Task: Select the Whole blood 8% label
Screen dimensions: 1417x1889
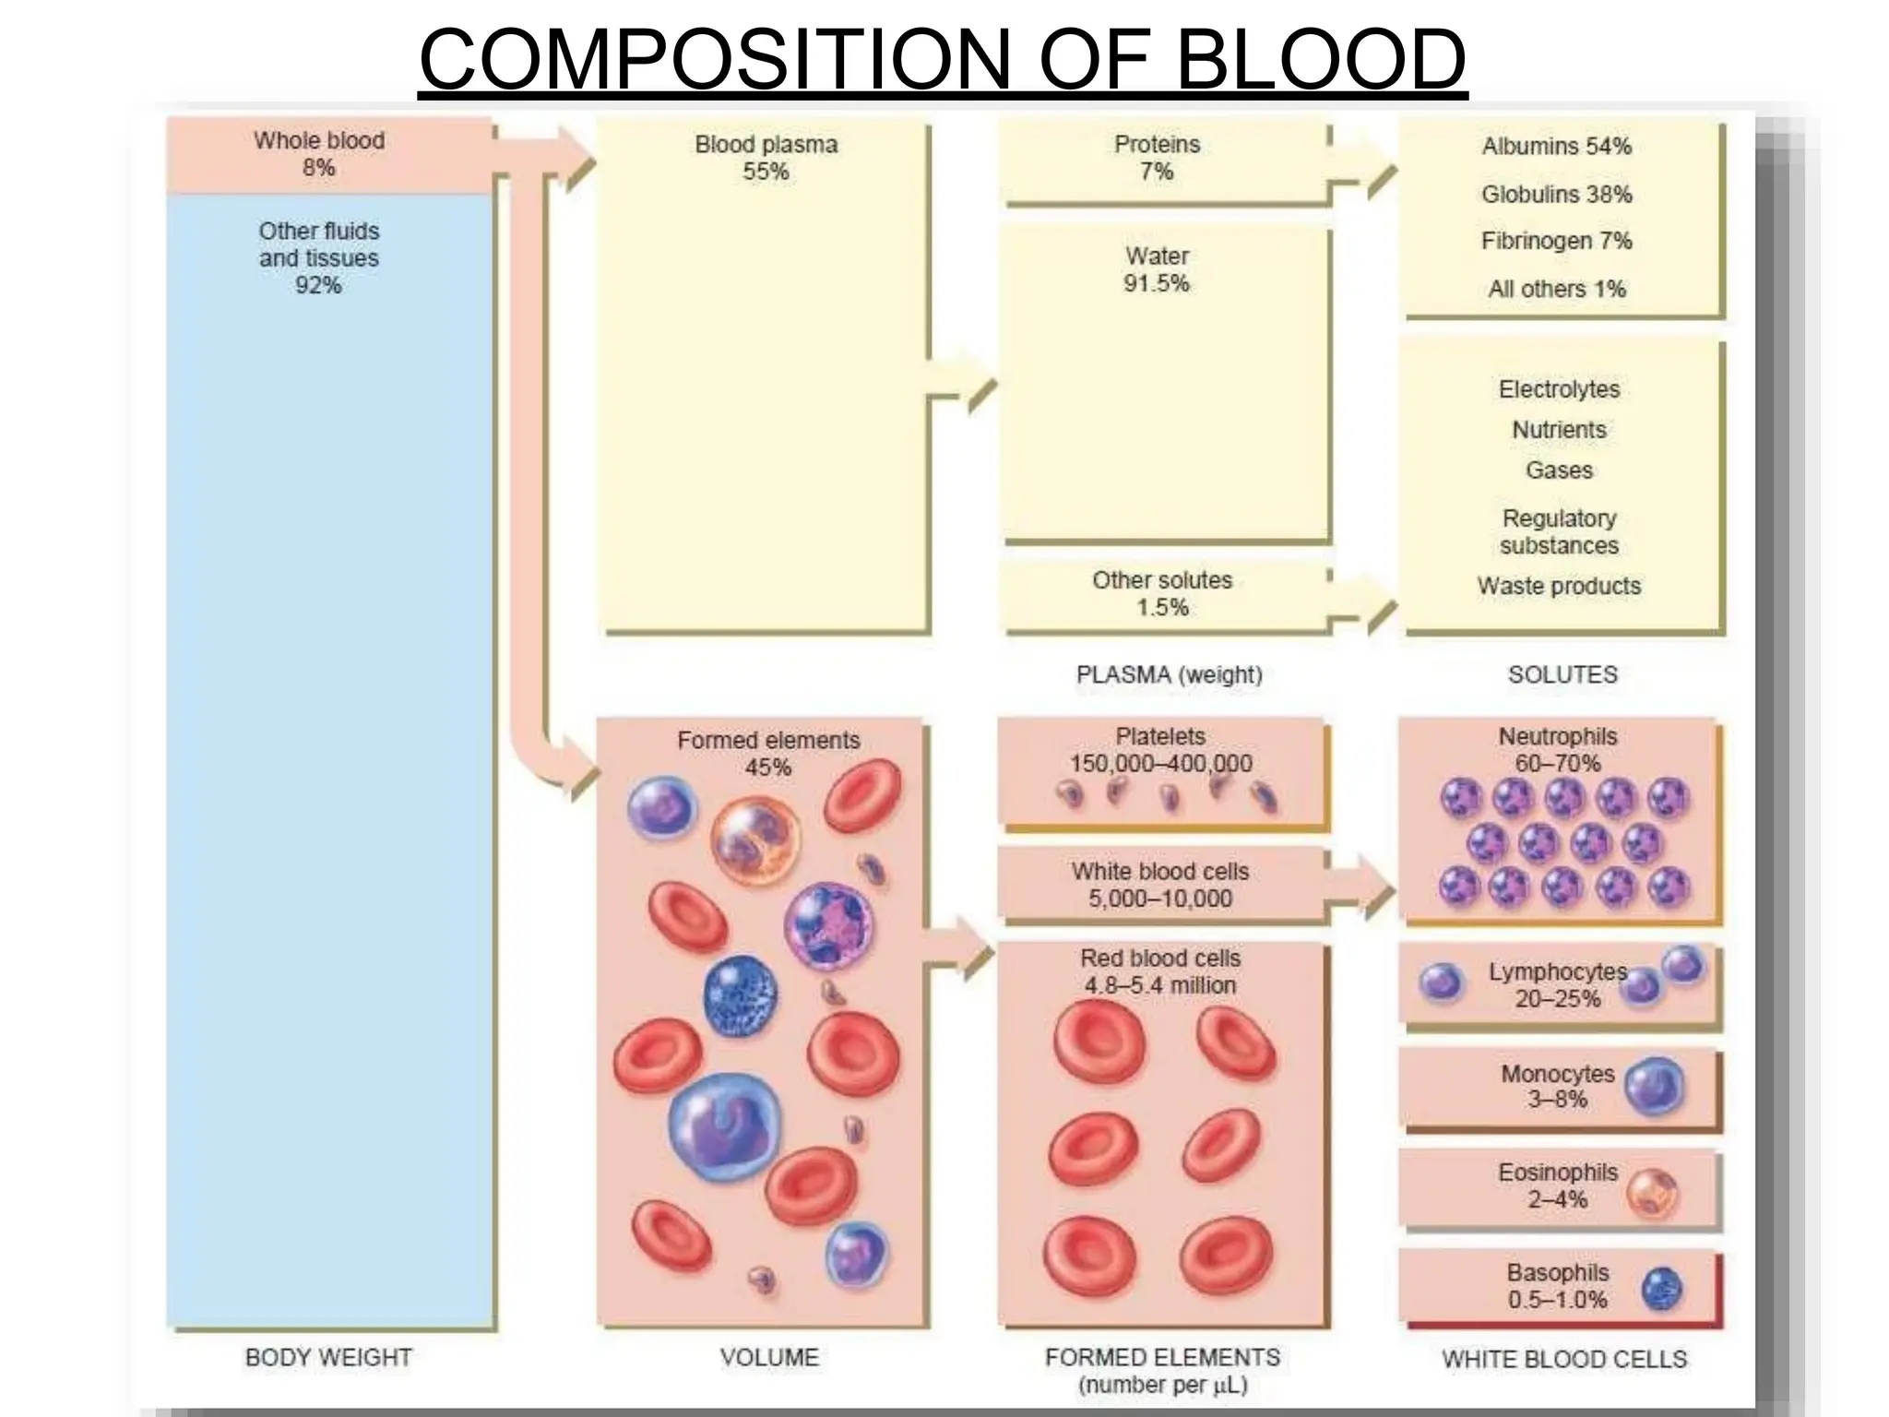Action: click(x=319, y=154)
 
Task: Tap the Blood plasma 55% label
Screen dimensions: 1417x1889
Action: click(x=766, y=158)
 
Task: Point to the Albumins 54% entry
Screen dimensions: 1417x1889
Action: click(x=1556, y=147)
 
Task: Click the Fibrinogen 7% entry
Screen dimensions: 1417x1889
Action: click(x=1556, y=242)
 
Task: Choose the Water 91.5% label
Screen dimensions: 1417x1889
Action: click(x=1157, y=269)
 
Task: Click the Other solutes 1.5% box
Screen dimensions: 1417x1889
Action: click(x=1162, y=594)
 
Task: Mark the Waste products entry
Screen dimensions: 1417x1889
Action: click(x=1559, y=587)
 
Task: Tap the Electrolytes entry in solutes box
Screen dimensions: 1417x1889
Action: click(x=1559, y=389)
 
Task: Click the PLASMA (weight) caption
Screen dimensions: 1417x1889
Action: click(x=1169, y=675)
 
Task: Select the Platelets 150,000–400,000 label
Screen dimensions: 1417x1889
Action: click(x=1160, y=750)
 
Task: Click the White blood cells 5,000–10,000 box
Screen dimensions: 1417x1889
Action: click(x=1160, y=886)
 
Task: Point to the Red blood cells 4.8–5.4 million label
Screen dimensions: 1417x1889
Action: click(x=1160, y=971)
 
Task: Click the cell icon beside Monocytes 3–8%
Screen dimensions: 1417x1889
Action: click(x=1654, y=1087)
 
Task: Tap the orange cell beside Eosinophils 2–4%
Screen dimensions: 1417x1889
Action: click(x=1651, y=1193)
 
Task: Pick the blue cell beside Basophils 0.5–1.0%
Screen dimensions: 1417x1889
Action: click(x=1662, y=1289)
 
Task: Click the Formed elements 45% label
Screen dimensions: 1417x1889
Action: click(x=767, y=754)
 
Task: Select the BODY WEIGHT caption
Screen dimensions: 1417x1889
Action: click(x=328, y=1358)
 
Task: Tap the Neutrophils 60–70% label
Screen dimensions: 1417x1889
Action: click(x=1558, y=750)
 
